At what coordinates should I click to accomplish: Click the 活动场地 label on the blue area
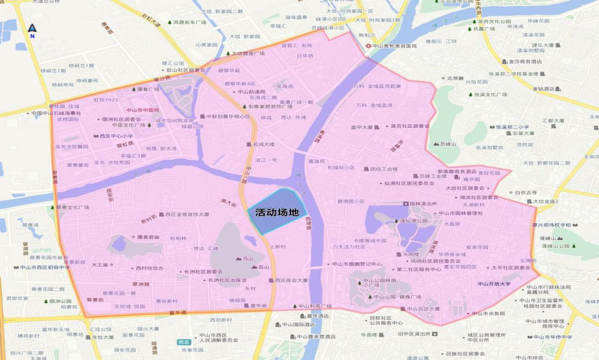click(276, 212)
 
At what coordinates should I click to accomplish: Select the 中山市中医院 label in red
click(142, 110)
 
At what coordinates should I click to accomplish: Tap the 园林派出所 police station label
click(423, 204)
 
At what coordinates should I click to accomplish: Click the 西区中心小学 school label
click(116, 136)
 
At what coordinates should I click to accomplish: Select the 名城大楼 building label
click(264, 144)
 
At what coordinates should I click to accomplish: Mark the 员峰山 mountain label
click(448, 144)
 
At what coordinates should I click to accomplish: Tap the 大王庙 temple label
click(100, 265)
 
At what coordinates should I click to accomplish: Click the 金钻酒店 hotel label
click(543, 89)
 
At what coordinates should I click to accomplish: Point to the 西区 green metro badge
click(183, 342)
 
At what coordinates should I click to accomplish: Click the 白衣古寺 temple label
click(525, 192)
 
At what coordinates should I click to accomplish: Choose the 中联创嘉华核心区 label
click(228, 116)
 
